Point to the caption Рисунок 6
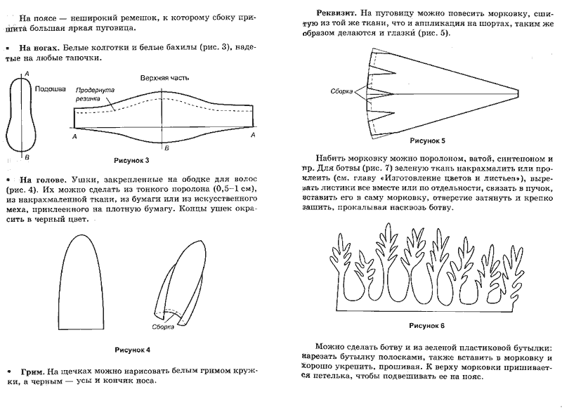[426, 325]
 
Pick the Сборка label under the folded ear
[164, 327]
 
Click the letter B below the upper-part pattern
[166, 149]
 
